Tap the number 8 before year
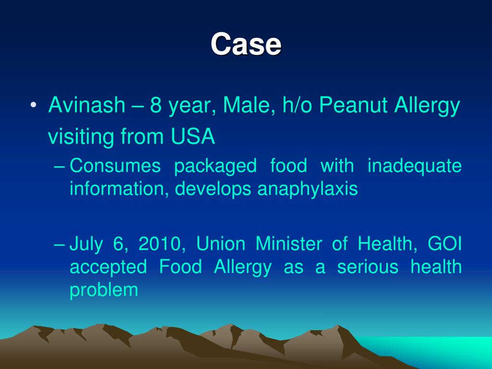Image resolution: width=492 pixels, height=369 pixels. [156, 105]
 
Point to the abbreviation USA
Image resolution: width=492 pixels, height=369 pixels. [193, 136]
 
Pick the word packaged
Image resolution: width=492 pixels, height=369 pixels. [215, 167]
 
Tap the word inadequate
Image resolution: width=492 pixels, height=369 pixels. [415, 167]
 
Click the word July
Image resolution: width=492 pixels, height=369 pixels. [86, 245]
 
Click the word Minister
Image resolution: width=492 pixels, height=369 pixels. [289, 244]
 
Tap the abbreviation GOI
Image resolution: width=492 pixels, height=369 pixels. [444, 244]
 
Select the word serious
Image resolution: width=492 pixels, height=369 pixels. [368, 267]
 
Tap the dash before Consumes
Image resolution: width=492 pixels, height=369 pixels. [59, 166]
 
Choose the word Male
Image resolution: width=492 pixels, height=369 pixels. [246, 105]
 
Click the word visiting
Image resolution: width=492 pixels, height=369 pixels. [81, 136]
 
